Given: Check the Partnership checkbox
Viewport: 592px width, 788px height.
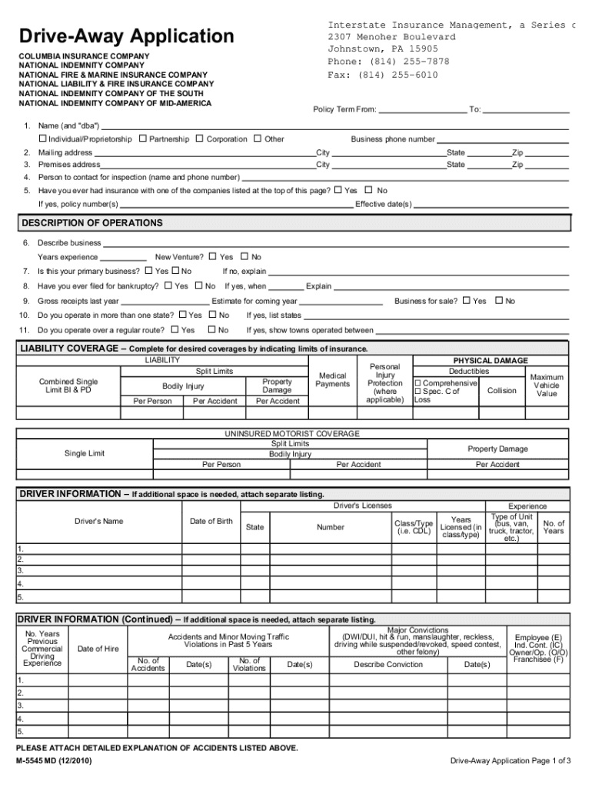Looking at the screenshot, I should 143,139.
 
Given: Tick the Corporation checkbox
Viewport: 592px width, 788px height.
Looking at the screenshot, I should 200,139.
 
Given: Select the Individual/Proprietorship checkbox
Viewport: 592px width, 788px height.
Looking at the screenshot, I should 42,139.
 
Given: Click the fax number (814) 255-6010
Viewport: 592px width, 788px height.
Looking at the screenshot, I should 383,75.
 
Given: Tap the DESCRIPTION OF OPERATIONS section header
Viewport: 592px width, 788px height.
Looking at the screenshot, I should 91,223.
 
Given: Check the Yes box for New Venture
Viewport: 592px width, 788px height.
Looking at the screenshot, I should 214,257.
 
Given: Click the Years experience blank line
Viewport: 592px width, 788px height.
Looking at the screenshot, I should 123,258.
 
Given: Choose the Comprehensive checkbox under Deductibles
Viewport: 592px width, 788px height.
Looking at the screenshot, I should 418,382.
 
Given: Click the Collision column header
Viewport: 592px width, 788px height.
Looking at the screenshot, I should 502,390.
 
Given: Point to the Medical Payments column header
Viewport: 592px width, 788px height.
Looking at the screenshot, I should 332,379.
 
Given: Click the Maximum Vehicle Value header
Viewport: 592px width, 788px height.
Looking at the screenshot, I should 547,385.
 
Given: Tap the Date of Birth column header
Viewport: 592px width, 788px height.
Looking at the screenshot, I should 211,521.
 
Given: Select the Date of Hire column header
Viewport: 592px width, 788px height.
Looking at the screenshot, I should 98,649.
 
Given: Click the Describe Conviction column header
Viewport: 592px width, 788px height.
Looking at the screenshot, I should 388,664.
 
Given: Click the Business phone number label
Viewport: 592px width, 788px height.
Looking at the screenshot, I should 393,139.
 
